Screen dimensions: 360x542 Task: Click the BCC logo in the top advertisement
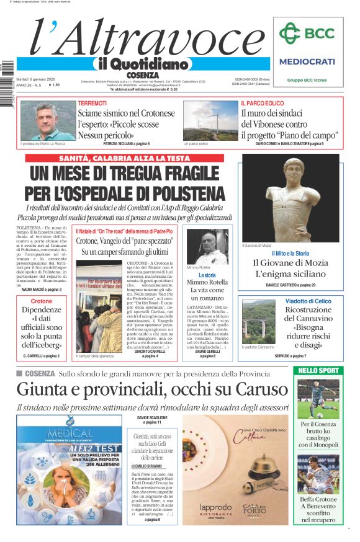(307, 33)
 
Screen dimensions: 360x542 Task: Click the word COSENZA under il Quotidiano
(142, 75)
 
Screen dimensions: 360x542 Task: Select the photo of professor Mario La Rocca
(39, 120)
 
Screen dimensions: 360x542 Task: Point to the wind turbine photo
(209, 120)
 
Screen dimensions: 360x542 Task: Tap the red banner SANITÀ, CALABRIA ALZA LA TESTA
(124, 158)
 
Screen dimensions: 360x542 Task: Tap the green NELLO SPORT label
(318, 370)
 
